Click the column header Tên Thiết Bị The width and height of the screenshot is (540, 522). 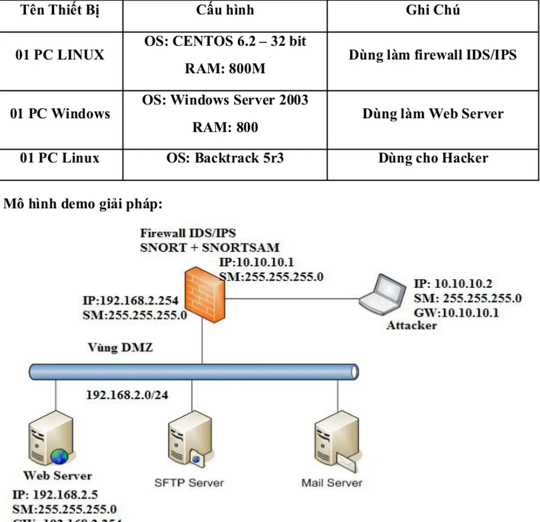coord(60,11)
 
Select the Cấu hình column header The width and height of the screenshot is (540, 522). coord(224,11)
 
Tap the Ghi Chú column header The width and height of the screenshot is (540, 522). coord(432,11)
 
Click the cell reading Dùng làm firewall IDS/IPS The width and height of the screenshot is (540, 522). coord(432,55)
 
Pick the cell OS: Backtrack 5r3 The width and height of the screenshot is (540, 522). coord(224,158)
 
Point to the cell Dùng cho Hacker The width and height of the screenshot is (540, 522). coord(432,158)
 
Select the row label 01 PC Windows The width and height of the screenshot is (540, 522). coord(60,114)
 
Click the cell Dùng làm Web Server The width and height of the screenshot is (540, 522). coord(432,114)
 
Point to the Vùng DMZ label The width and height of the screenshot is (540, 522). coord(120,347)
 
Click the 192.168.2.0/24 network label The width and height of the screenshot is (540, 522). coord(127,395)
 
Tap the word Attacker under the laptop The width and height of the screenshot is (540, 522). coord(411,326)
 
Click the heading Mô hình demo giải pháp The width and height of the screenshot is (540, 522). coord(83,204)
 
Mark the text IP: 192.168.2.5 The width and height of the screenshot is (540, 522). coord(55,495)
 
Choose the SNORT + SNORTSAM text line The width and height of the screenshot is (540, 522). coord(209,247)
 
